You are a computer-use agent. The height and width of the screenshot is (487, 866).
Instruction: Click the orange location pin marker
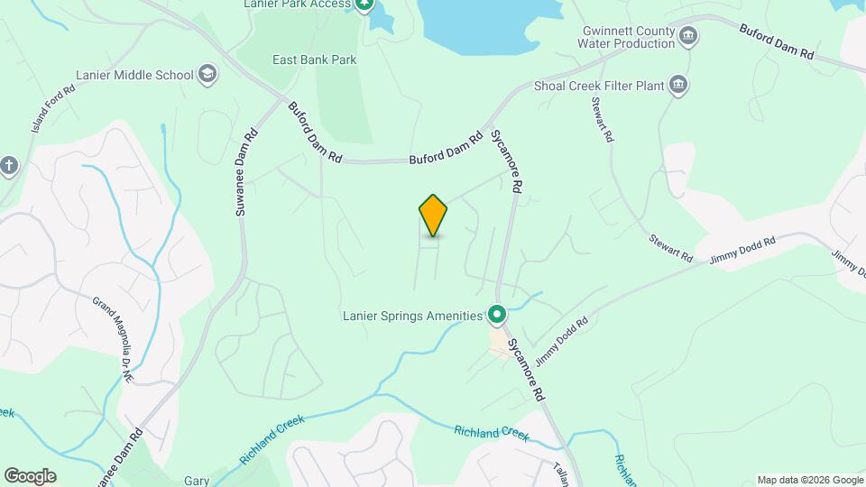(x=433, y=215)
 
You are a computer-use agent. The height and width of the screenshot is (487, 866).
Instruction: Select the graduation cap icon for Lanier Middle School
(x=207, y=74)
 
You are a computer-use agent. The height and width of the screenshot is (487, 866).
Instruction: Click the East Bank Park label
(x=315, y=60)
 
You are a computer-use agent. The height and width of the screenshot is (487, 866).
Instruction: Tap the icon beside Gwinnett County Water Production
(x=689, y=36)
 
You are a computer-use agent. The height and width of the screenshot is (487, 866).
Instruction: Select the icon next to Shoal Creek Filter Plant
(x=678, y=87)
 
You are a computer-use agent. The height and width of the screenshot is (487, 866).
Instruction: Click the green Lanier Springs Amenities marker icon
(x=496, y=315)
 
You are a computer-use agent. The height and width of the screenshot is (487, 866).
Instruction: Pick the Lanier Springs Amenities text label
(x=412, y=316)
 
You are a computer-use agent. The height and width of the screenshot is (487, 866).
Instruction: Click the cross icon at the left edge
(x=9, y=165)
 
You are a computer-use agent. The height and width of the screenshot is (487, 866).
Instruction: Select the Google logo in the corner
(x=30, y=475)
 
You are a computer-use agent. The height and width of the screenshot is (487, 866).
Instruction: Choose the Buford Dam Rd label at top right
(x=776, y=41)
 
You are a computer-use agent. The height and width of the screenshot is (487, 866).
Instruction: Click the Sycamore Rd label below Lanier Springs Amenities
(x=527, y=370)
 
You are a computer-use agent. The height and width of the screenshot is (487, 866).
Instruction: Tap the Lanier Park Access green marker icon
(x=364, y=5)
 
